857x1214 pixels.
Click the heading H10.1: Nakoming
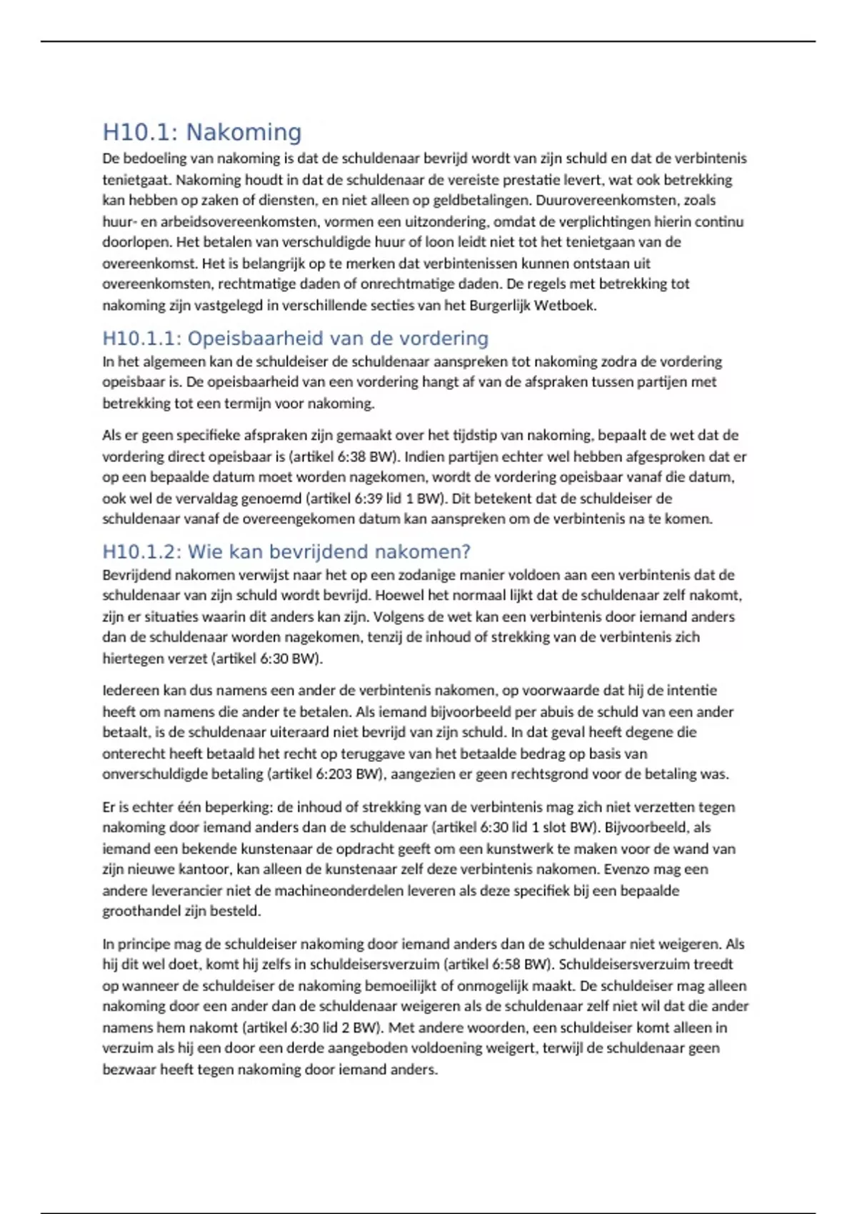[202, 132]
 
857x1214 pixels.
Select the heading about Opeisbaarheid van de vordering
[296, 338]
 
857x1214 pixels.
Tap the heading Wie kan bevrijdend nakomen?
[286, 551]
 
